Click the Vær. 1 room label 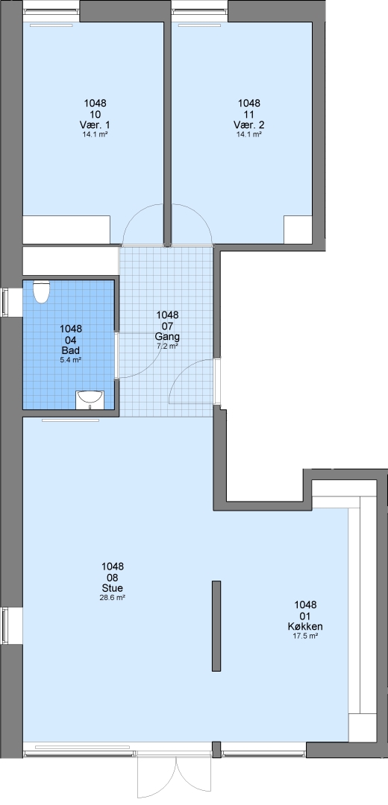(x=95, y=124)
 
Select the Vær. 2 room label (x=248, y=124)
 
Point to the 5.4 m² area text (x=71, y=360)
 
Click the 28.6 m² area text (x=113, y=598)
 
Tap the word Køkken (x=305, y=626)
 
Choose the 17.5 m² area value (x=305, y=636)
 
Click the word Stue (x=113, y=588)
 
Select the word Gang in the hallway (x=168, y=337)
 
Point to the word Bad (x=71, y=350)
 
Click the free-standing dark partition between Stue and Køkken (x=216, y=626)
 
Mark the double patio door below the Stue (x=174, y=775)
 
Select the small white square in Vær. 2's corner (x=298, y=230)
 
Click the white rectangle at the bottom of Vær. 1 (x=66, y=230)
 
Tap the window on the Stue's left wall (x=5, y=625)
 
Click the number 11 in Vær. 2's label (x=248, y=114)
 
